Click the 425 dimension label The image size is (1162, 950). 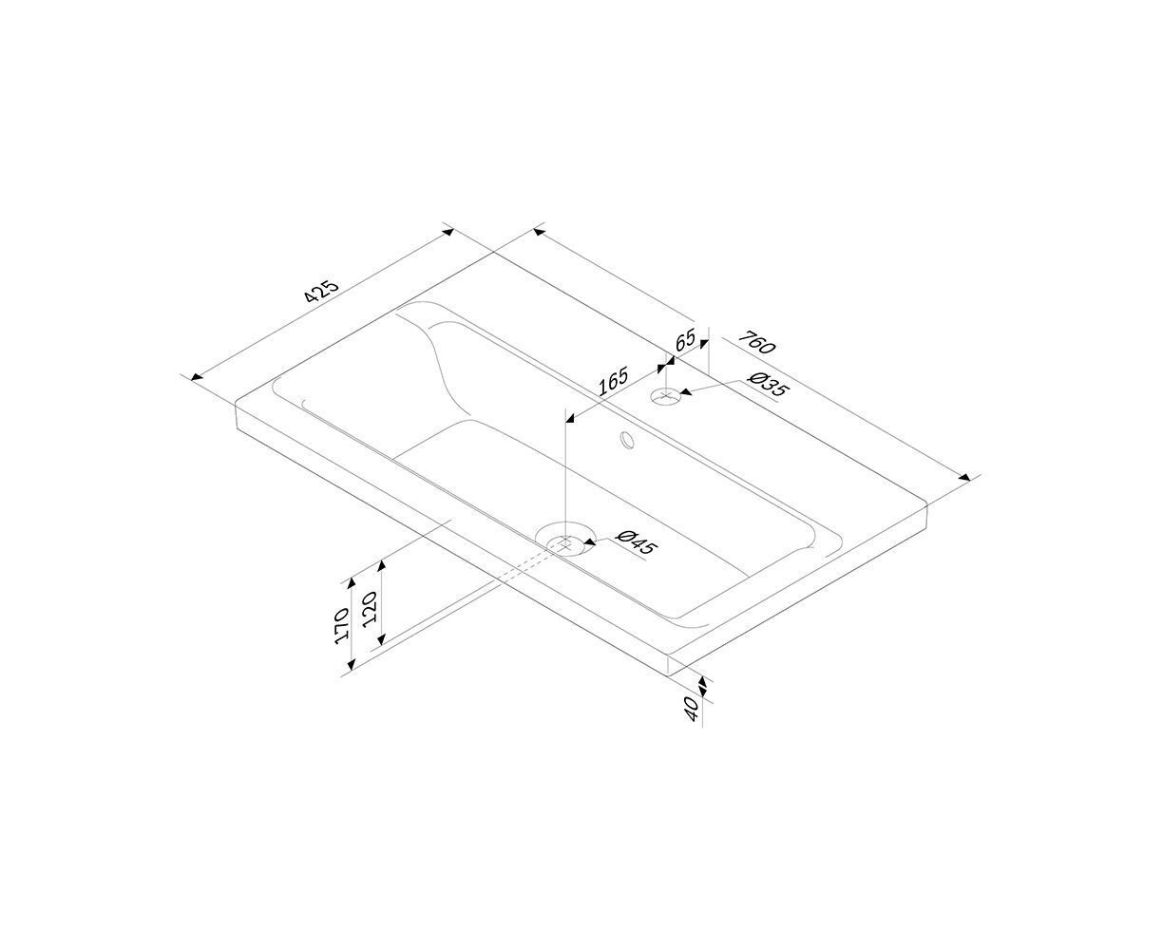321,292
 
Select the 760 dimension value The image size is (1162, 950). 756,342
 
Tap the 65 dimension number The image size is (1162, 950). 685,340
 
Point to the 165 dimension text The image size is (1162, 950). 613,381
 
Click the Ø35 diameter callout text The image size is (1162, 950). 769,384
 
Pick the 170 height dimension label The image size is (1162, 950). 342,626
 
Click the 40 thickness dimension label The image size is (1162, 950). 692,709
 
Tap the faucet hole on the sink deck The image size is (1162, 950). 666,395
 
